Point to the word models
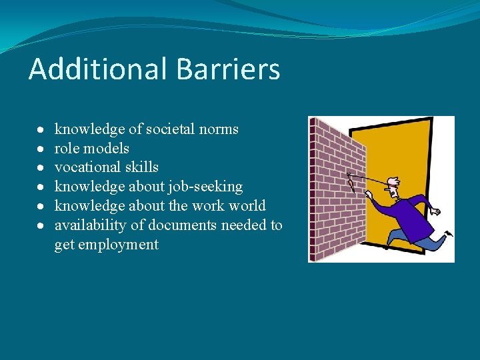[x=107, y=148]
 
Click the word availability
[x=89, y=225]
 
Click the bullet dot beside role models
[x=41, y=148]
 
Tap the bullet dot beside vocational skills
[x=41, y=167]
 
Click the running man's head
[x=394, y=188]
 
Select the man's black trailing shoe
[x=449, y=234]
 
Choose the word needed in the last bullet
[x=245, y=225]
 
